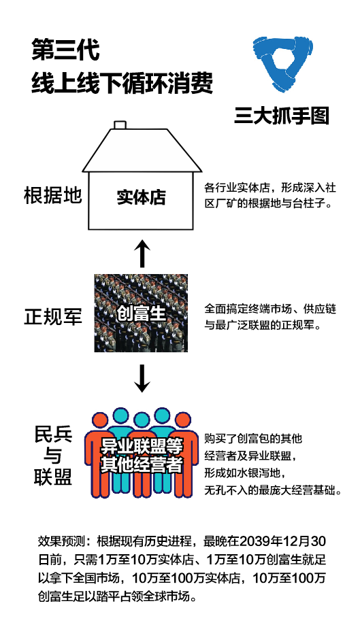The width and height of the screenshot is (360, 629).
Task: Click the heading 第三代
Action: coord(65,50)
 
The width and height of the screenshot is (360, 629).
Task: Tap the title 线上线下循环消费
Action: coord(122,83)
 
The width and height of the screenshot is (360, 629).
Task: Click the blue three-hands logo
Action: coord(283,64)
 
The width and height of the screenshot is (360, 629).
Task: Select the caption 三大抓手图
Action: coord(281,115)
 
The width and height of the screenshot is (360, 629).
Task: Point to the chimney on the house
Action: coord(120,124)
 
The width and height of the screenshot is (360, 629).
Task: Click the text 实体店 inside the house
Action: coord(142,197)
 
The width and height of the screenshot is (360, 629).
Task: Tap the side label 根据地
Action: coord(52,195)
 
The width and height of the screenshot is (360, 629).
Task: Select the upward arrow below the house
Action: coord(142,253)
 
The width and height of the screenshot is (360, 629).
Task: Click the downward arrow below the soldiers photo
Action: coord(142,378)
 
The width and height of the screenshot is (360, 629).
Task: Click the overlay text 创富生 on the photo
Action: coord(142,313)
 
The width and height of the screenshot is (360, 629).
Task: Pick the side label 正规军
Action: coord(53,317)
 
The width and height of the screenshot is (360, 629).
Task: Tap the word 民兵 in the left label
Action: coord(53,435)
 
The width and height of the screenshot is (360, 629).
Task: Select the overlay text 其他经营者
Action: coord(142,464)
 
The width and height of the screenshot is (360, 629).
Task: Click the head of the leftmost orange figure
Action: coord(100,420)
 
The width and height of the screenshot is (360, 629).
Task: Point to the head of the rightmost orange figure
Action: coord(182,420)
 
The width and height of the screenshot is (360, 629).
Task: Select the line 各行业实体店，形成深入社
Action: coord(270,187)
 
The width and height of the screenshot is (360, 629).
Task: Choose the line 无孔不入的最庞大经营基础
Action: coord(272,490)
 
